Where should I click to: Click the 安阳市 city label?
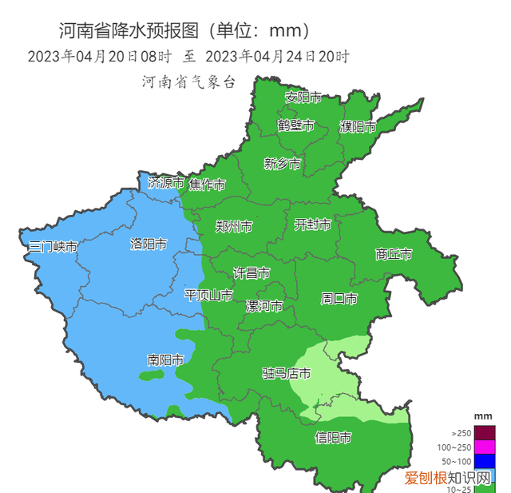(303, 97)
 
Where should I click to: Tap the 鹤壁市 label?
(295, 125)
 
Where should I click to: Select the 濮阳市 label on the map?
(358, 127)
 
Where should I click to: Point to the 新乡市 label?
(283, 164)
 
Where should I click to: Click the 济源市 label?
(166, 183)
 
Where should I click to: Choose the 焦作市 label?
(207, 185)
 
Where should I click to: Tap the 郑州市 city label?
(234, 227)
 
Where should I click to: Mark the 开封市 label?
(313, 225)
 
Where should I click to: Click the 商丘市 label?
(394, 255)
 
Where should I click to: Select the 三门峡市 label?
(53, 247)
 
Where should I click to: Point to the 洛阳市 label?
(149, 245)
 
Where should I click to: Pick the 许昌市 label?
(251, 273)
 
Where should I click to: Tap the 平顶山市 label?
(208, 296)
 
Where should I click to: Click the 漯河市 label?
(264, 307)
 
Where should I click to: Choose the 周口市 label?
(339, 299)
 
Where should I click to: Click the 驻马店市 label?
(287, 373)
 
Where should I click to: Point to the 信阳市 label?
(334, 437)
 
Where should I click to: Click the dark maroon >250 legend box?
(484, 432)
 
